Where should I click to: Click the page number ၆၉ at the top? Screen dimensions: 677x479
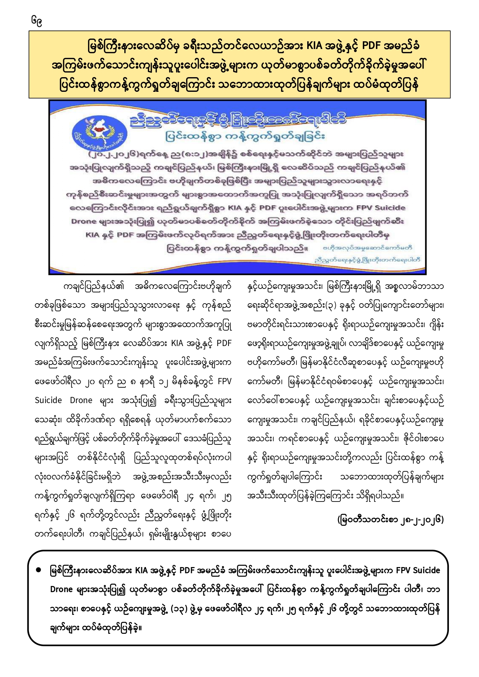point(37,21)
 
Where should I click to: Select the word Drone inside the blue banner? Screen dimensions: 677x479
point(83,221)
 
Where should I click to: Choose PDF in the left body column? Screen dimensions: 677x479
point(224,343)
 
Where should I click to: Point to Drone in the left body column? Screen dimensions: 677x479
point(81,400)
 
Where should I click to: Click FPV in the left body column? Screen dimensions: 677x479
point(224,382)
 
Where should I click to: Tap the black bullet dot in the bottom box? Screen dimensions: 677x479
point(39,570)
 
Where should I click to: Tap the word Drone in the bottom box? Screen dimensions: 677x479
point(61,589)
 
